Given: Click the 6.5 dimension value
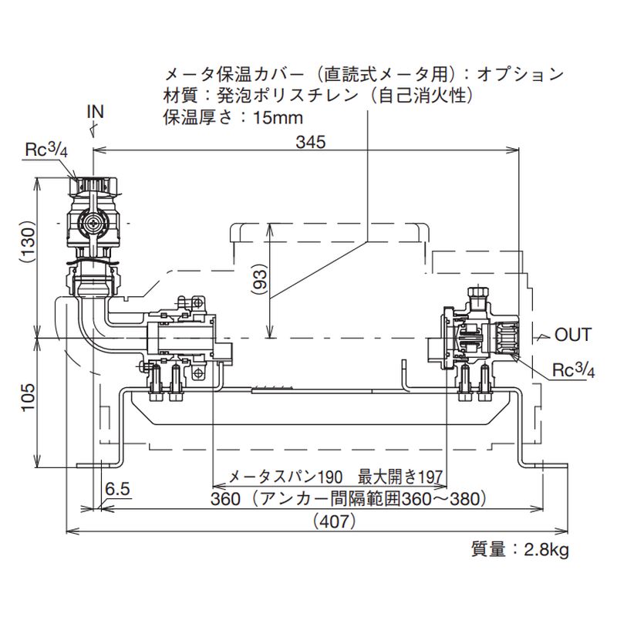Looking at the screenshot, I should click(117, 487).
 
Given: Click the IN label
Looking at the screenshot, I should click(94, 112).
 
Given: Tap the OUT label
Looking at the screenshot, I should click(572, 335).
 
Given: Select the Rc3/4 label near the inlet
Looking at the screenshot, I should click(47, 150).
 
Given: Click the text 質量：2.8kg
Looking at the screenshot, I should click(519, 550).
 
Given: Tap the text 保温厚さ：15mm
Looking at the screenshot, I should click(232, 118).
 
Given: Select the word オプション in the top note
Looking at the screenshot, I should click(521, 75).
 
